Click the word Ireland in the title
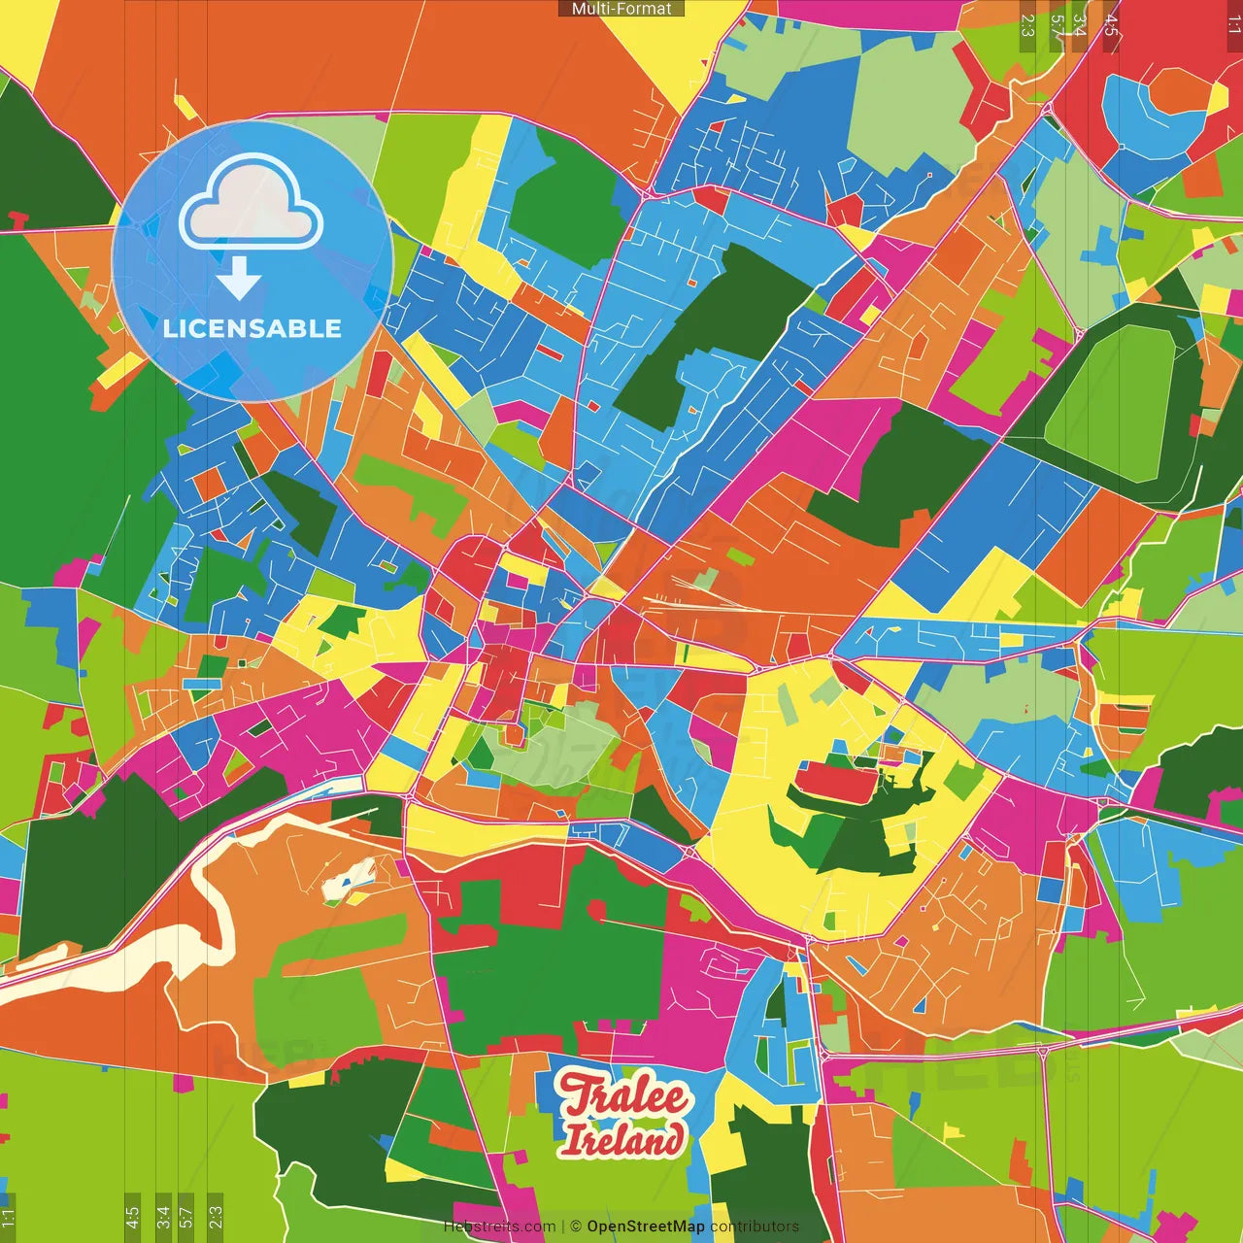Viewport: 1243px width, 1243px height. click(622, 1139)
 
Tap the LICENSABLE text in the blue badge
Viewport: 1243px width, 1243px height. click(252, 328)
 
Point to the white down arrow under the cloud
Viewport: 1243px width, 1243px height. click(239, 279)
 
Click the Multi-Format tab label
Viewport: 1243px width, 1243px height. click(621, 9)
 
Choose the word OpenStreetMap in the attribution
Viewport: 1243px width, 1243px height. click(646, 1226)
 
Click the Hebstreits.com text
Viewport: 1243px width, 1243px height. click(499, 1226)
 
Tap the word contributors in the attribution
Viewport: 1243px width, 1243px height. click(755, 1226)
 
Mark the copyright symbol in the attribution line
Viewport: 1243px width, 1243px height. click(576, 1226)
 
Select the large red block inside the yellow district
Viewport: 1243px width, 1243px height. click(836, 782)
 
